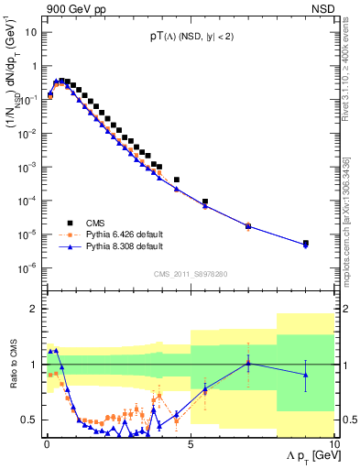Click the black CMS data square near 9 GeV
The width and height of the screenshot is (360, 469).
click(x=305, y=243)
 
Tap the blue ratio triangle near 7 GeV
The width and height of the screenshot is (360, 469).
click(x=247, y=363)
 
